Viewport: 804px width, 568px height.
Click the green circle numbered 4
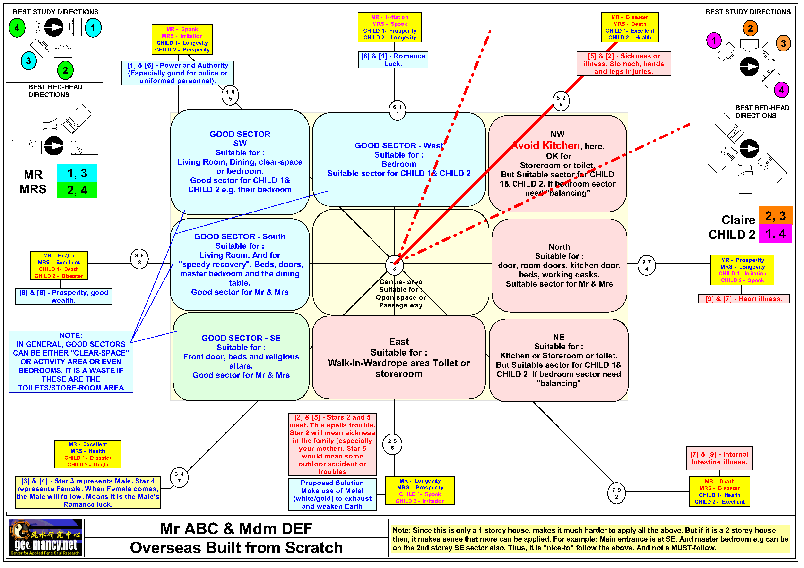[17, 28]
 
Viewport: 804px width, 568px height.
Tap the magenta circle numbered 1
[714, 41]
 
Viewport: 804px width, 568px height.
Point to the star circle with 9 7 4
[646, 265]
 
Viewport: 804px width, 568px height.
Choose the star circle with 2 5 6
[392, 444]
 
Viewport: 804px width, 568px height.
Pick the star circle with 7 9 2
[616, 493]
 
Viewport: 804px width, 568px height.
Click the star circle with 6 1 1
[397, 110]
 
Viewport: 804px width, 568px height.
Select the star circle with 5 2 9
[561, 101]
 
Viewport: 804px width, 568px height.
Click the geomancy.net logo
[45, 538]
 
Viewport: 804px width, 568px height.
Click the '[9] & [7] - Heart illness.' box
[743, 299]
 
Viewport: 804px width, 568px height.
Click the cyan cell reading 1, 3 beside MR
[77, 173]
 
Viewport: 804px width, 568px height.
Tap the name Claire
[738, 220]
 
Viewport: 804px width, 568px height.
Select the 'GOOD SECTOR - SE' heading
[241, 338]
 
